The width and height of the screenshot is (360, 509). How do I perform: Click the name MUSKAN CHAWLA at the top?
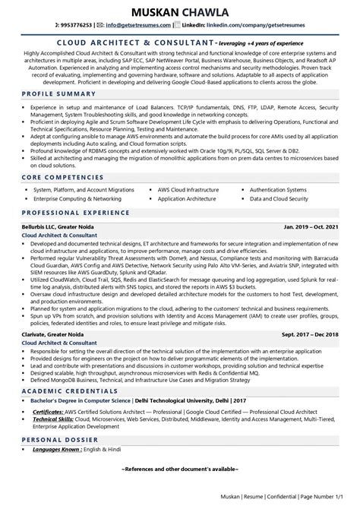point(180,12)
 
